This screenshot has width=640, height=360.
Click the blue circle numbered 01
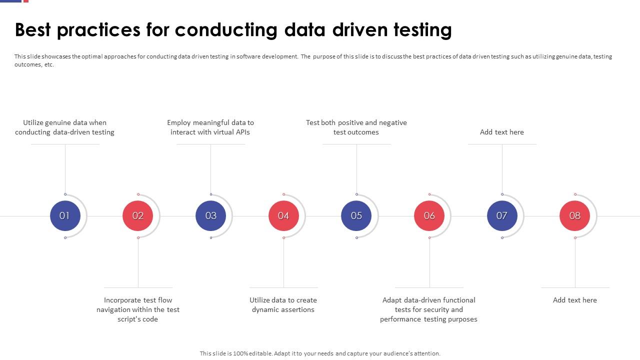65,216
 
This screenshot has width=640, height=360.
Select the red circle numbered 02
138,216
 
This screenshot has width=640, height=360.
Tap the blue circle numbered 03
210,216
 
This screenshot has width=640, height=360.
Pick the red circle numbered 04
283,216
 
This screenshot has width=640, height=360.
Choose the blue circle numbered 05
356,216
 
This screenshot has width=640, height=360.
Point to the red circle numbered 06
429,216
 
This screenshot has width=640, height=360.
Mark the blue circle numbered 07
502,216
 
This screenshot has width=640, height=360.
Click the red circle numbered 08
575,216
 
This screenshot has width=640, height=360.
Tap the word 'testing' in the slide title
422,30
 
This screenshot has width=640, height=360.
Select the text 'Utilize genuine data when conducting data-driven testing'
64,127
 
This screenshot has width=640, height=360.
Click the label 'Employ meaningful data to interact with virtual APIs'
210,127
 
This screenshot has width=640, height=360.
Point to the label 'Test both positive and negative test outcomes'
356,127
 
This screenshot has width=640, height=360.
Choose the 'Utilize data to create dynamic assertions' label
283,305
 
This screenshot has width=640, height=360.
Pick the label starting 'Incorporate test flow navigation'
138,309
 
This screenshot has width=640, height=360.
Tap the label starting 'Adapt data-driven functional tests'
429,309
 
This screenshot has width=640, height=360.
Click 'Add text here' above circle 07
502,132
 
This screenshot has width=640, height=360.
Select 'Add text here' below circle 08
575,300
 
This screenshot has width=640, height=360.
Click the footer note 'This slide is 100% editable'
320,353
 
